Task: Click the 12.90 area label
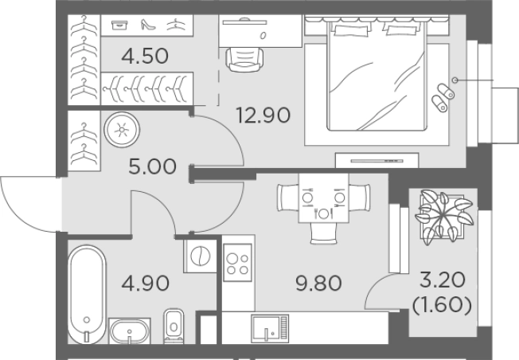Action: click(263, 114)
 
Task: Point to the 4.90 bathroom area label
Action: click(146, 282)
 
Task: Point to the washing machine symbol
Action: click(199, 256)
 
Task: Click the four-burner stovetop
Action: click(237, 262)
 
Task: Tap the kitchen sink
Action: click(268, 327)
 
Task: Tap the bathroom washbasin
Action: click(129, 330)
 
